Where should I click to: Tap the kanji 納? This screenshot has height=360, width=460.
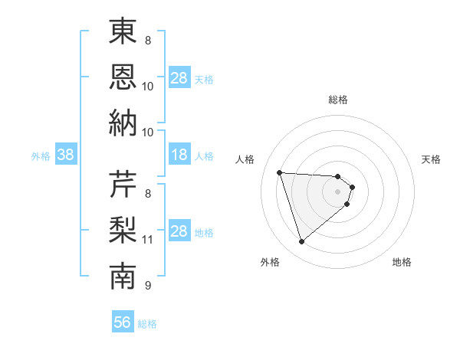[x=123, y=123]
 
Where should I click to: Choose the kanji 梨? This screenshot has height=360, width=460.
[x=123, y=231]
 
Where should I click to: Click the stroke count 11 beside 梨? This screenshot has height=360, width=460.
[x=148, y=240]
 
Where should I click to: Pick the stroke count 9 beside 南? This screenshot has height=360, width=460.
[x=147, y=286]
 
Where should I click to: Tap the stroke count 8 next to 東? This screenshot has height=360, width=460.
[x=147, y=40]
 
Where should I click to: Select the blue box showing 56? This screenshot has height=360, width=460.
[x=123, y=323]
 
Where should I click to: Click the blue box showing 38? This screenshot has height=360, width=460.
[x=65, y=155]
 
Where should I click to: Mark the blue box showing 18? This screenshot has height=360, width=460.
[x=179, y=155]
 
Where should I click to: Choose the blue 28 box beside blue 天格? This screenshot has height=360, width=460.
[x=179, y=78]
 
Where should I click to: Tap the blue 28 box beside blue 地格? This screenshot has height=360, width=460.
[x=179, y=231]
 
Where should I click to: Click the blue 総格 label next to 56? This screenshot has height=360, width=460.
[x=147, y=324]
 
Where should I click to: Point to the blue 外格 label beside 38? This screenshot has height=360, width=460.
[x=41, y=156]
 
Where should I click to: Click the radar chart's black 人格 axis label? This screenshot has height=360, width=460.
[x=245, y=159]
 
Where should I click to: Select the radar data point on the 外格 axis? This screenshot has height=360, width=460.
[x=301, y=242]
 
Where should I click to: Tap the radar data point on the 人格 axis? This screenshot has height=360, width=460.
[x=280, y=172]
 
